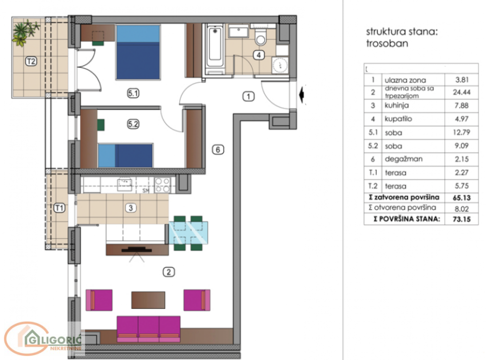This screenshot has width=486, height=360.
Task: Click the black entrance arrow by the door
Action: (302, 95)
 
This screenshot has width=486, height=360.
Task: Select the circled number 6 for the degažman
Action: (219, 150)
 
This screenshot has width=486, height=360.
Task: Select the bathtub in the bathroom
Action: (214, 51)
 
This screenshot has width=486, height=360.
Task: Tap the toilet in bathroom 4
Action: (261, 37)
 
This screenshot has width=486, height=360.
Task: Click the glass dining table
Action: (189, 233)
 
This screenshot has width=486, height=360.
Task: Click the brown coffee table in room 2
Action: (148, 299)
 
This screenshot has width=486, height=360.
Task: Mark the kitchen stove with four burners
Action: (162, 184)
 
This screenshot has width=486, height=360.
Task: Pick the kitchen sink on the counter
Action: (124, 183)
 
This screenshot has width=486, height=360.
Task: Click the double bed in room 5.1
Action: (138, 53)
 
